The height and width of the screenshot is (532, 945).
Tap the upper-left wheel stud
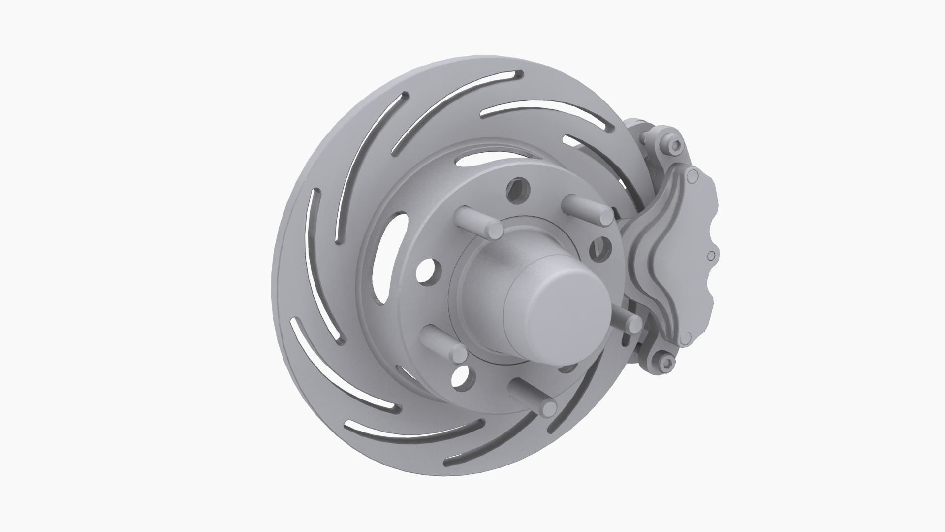click(x=480, y=222)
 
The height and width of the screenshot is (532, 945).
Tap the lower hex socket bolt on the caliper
click(x=665, y=363)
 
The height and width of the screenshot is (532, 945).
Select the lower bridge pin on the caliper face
click(x=684, y=338)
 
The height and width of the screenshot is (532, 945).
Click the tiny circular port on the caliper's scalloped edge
click(x=710, y=256)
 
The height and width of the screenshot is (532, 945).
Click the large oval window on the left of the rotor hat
click(x=389, y=256)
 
